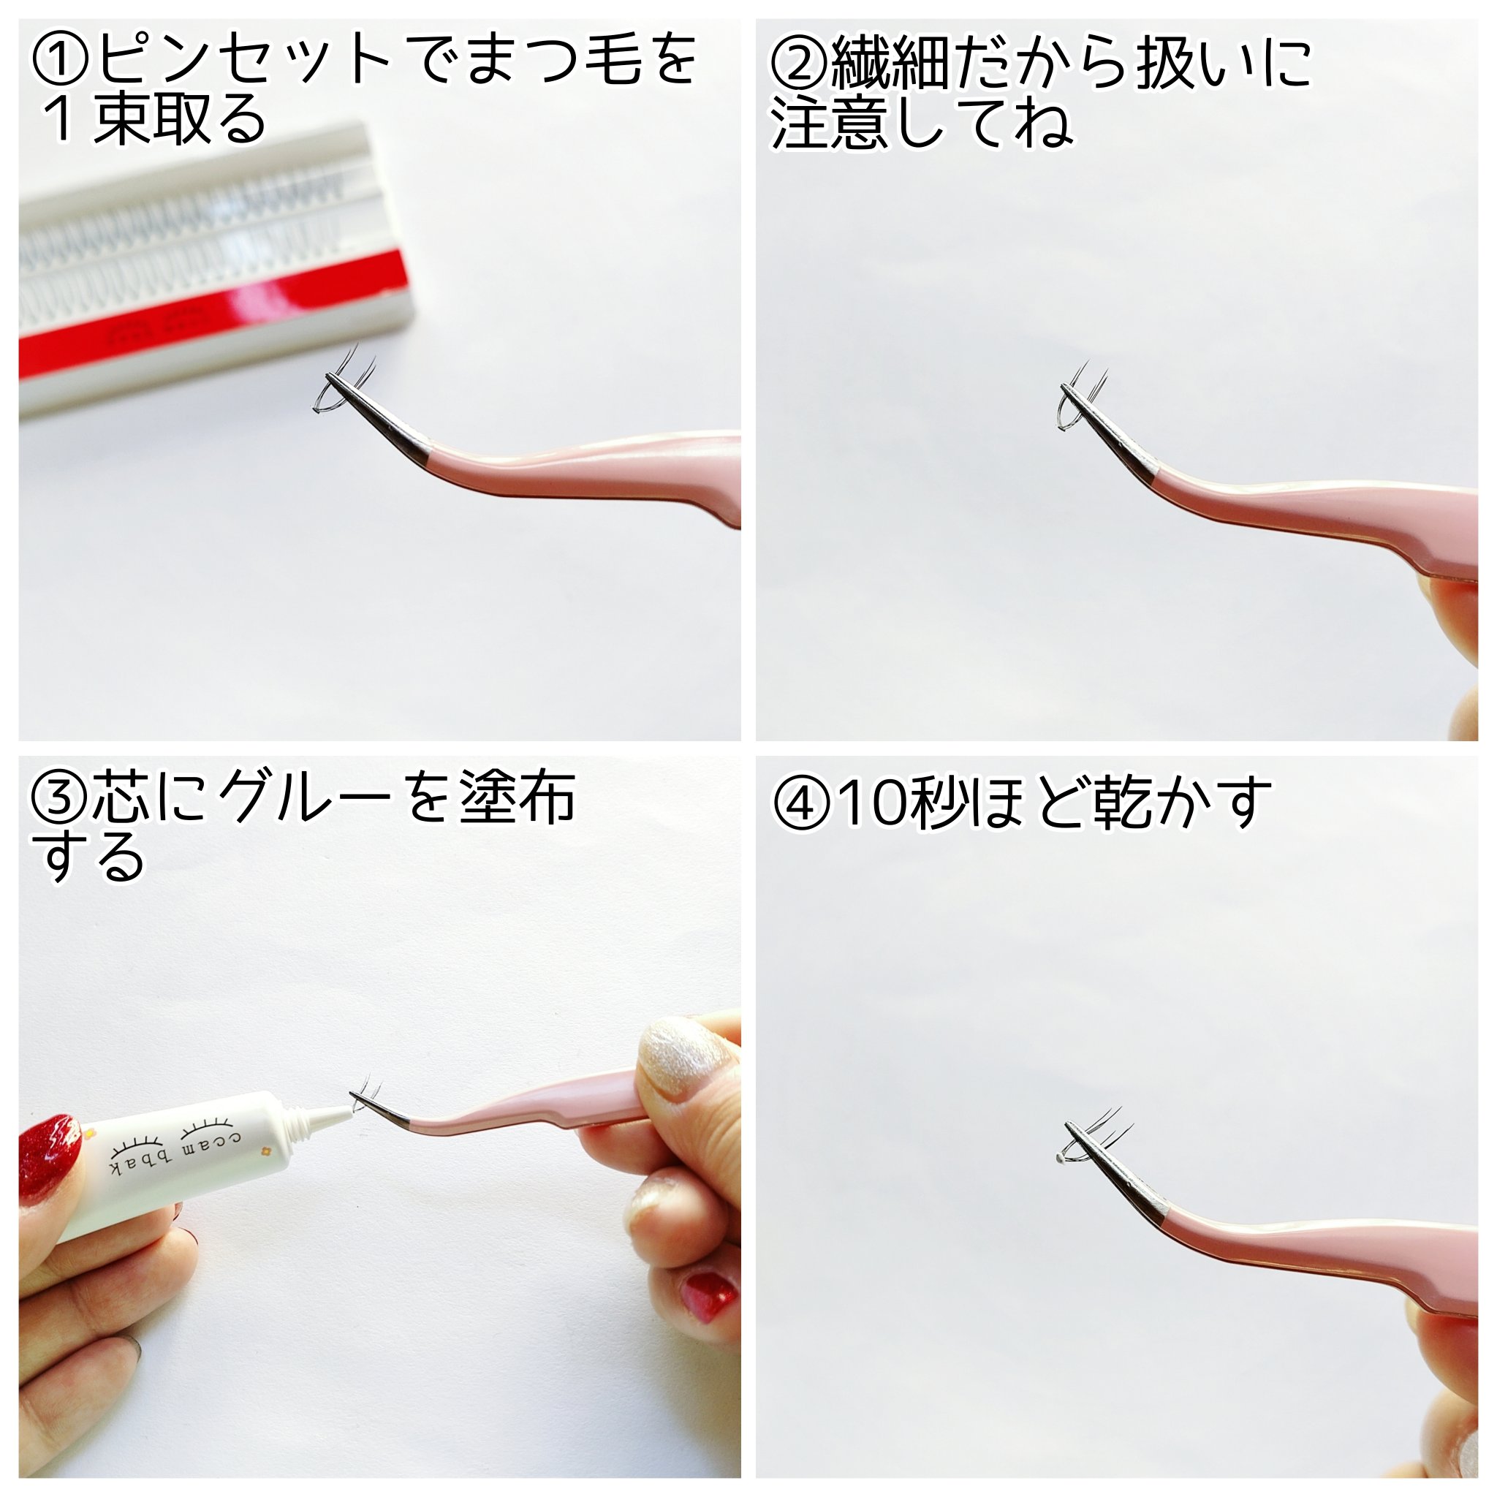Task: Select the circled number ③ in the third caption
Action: (61, 798)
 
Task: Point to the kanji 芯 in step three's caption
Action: (121, 798)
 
